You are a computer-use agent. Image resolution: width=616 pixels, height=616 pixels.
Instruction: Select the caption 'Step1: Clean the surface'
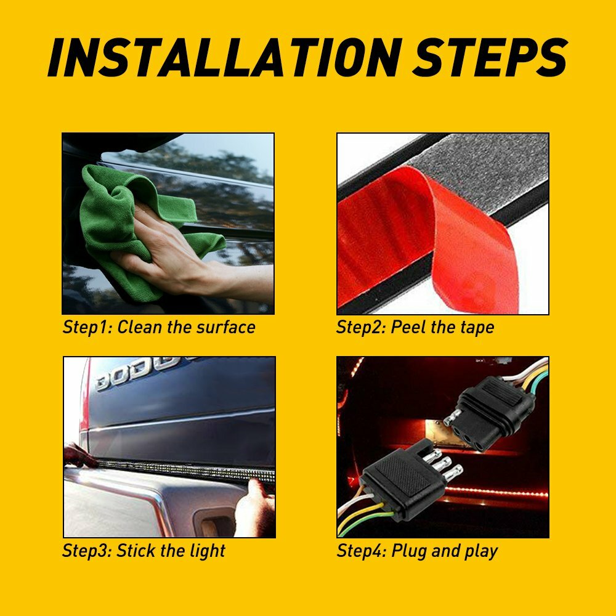point(159,327)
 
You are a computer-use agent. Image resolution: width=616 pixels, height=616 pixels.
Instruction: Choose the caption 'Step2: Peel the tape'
point(415,327)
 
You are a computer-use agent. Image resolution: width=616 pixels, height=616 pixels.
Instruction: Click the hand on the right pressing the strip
point(256,508)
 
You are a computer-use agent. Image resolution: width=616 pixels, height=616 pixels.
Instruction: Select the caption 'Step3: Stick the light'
point(144,551)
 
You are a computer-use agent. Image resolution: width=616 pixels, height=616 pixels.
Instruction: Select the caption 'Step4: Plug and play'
point(417,551)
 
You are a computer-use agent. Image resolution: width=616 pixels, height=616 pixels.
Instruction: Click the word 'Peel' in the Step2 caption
point(410,327)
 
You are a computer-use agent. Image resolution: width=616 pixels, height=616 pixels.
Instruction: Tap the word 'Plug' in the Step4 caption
point(410,551)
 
